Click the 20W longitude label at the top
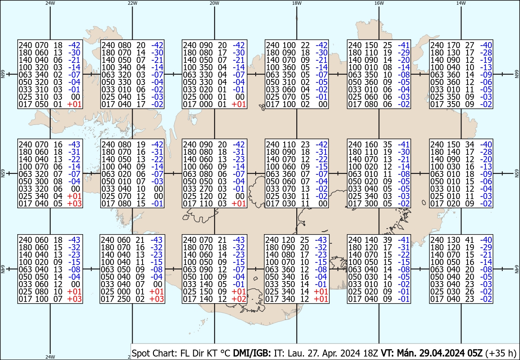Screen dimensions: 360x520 [x=214, y=3]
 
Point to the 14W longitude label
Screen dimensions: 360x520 [x=461, y=3]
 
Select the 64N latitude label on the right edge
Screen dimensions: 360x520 [x=517, y=270]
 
